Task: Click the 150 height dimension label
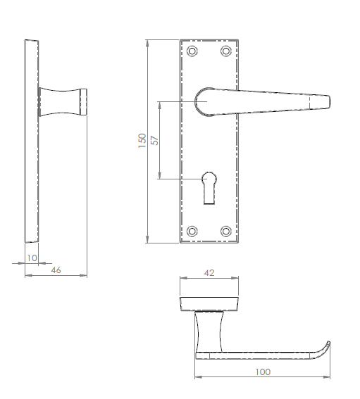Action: point(142,141)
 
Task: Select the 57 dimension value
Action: point(155,139)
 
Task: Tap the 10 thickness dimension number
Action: point(31,258)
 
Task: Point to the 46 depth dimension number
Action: point(56,269)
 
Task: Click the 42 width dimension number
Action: point(209,272)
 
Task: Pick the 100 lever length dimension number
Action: point(263,372)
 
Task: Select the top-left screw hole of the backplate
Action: point(192,51)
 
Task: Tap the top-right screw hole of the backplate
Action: point(226,51)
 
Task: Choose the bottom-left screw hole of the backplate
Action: point(192,231)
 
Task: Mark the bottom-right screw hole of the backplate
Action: point(226,231)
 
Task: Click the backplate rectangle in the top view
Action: point(211,303)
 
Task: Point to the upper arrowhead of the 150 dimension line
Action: point(148,43)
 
